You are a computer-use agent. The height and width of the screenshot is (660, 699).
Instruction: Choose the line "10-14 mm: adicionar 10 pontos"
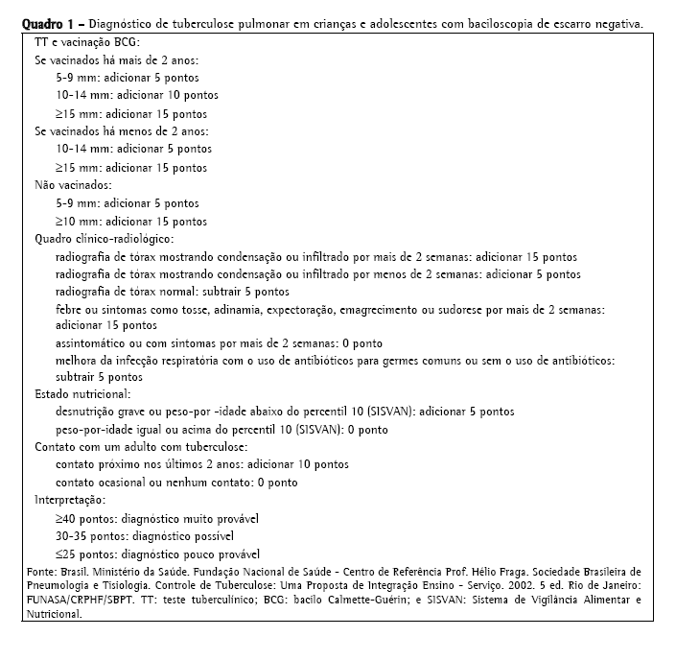[137, 96]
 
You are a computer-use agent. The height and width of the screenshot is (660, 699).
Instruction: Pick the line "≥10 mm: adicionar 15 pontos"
[131, 222]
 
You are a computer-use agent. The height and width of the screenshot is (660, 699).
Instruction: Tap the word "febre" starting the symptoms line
[70, 310]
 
